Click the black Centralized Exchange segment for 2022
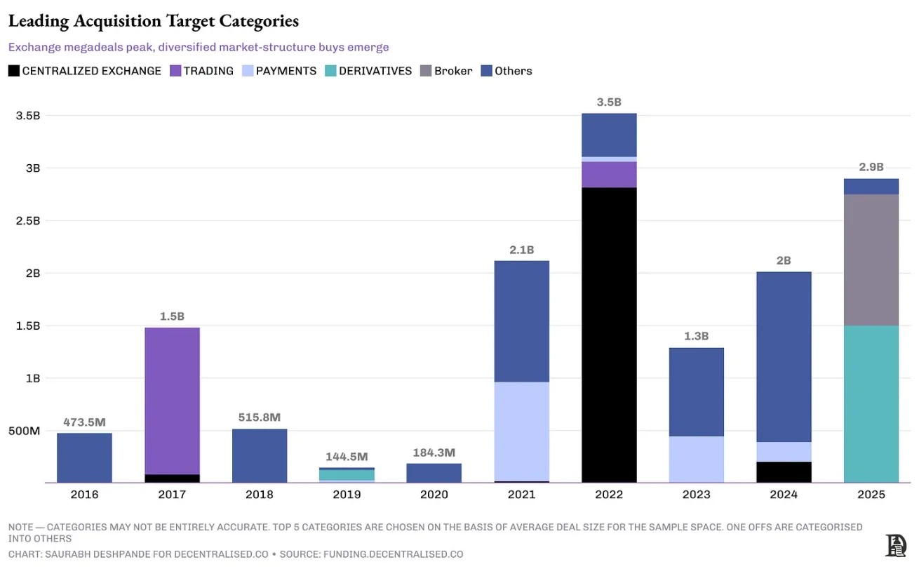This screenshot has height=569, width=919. [609, 335]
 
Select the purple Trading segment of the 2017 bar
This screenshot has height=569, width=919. [172, 401]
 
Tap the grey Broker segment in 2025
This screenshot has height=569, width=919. [871, 260]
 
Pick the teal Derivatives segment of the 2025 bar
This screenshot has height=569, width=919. [871, 404]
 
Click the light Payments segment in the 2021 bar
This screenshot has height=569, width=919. [521, 431]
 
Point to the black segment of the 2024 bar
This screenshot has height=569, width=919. [784, 472]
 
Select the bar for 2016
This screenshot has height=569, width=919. [84, 457]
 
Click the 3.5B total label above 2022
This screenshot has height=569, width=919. [609, 102]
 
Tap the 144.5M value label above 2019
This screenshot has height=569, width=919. [347, 457]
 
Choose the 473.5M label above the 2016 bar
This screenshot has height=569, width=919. [84, 422]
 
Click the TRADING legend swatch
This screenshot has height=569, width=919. [175, 71]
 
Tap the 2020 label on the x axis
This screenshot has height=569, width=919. [434, 495]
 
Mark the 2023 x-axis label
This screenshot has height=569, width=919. [696, 495]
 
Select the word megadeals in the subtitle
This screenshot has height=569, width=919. [83, 47]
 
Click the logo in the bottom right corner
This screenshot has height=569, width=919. [895, 544]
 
